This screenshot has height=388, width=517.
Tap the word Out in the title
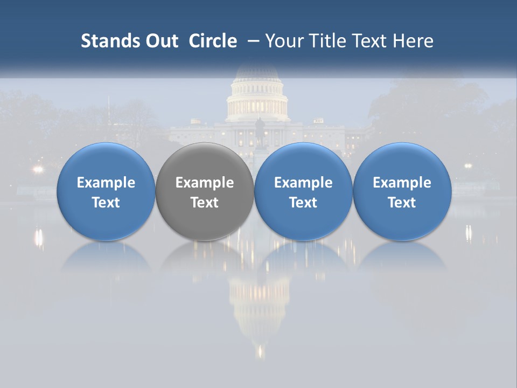pyautogui.click(x=160, y=41)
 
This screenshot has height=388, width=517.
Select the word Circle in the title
pyautogui.click(x=213, y=41)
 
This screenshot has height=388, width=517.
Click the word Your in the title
pyautogui.click(x=283, y=41)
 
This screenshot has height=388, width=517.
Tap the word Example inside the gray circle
pyautogui.click(x=205, y=183)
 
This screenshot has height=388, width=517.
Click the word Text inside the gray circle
pyautogui.click(x=205, y=203)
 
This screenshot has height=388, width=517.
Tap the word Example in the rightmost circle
pyautogui.click(x=402, y=183)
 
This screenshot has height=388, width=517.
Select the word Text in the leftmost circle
pyautogui.click(x=106, y=203)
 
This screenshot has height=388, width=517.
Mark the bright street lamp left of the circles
pyautogui.click(x=37, y=169)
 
